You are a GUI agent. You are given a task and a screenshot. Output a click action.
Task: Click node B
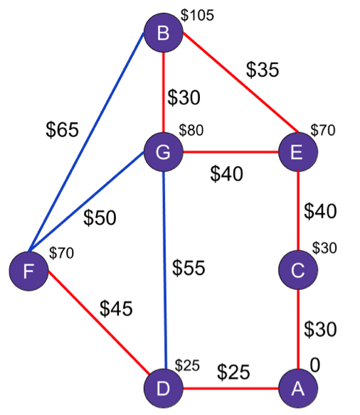click(x=164, y=33)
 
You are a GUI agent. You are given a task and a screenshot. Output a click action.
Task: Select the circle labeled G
click(x=164, y=152)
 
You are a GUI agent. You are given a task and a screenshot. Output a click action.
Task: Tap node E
click(x=298, y=152)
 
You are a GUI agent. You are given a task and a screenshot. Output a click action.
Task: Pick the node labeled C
click(x=298, y=270)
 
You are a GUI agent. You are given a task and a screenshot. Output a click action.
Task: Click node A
click(x=298, y=389)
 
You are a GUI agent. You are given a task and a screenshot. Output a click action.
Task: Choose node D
click(x=164, y=389)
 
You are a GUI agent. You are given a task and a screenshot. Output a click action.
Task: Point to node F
click(x=29, y=271)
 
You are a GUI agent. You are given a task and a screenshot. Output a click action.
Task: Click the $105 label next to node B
click(x=197, y=15)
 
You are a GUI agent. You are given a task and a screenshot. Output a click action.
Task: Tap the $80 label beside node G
click(x=191, y=130)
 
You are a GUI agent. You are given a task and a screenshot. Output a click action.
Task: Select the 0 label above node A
click(x=315, y=365)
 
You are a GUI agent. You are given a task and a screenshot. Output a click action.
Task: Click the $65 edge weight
click(x=62, y=129)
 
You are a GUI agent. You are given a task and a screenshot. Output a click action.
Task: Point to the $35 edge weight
click(x=263, y=70)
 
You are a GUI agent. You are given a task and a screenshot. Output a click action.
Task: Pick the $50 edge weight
click(x=100, y=217)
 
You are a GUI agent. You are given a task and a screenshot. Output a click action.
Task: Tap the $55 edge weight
click(x=189, y=268)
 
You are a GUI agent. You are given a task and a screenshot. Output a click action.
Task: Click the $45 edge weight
click(x=116, y=308)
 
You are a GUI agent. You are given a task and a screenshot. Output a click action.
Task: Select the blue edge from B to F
click(x=86, y=142)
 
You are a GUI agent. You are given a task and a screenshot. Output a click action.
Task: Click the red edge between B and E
click(x=240, y=82)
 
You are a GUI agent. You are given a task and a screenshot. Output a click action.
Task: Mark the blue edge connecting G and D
click(x=164, y=270)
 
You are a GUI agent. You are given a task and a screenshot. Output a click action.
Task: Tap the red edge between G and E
click(x=231, y=152)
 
